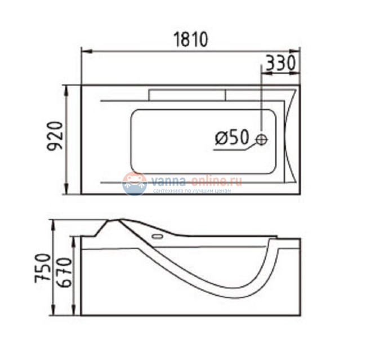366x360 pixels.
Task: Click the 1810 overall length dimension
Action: click(189, 39)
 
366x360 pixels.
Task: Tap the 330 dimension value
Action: click(280, 63)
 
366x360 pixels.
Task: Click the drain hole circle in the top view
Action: click(262, 139)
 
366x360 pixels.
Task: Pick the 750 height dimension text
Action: click(44, 269)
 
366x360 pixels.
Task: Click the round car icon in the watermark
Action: click(135, 184)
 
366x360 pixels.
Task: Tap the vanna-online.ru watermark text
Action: click(195, 181)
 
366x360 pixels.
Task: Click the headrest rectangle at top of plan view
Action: click(187, 95)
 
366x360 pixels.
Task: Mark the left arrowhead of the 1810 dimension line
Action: click(84, 51)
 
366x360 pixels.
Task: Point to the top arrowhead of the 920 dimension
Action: click(68, 88)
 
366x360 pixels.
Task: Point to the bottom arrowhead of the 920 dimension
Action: click(68, 192)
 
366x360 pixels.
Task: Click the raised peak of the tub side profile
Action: click(117, 219)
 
